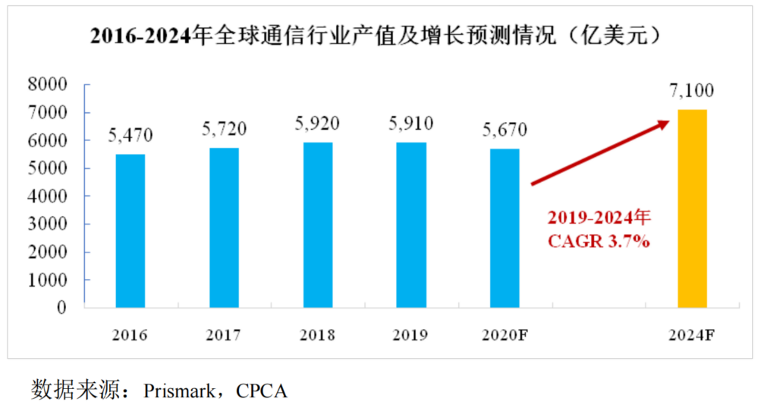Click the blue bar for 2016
click(x=131, y=231)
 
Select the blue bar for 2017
click(x=224, y=227)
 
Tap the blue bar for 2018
click(x=317, y=224)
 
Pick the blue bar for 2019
click(x=410, y=224)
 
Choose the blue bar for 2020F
click(x=505, y=227)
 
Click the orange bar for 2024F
click(x=691, y=209)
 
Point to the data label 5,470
click(x=131, y=136)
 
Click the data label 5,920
click(x=317, y=123)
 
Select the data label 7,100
click(x=691, y=91)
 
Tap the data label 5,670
click(x=505, y=130)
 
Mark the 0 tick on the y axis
click(x=64, y=308)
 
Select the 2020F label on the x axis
click(x=505, y=335)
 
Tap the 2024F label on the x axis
click(x=691, y=335)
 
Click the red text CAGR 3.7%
click(x=599, y=243)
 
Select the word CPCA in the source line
click(x=262, y=391)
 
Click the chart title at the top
click(x=379, y=36)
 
